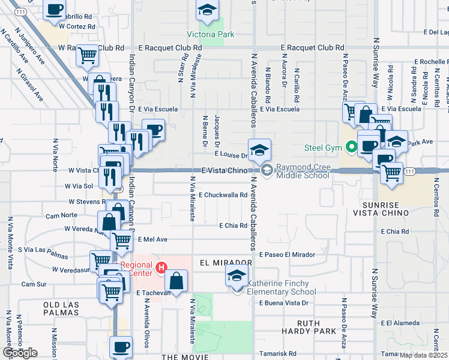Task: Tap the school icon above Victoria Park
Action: pos(207,10)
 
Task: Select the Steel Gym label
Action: pos(323,148)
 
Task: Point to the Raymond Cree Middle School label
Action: pos(303,171)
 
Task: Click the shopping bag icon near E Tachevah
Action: pos(176,280)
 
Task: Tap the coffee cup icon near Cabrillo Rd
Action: pos(54,10)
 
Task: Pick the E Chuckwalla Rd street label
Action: pos(223,195)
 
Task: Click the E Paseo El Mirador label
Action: pos(287,255)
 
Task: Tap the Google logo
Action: pos(20,353)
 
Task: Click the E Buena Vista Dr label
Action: pos(283,303)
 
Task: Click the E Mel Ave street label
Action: pos(152,239)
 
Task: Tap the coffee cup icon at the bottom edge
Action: pos(121,347)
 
